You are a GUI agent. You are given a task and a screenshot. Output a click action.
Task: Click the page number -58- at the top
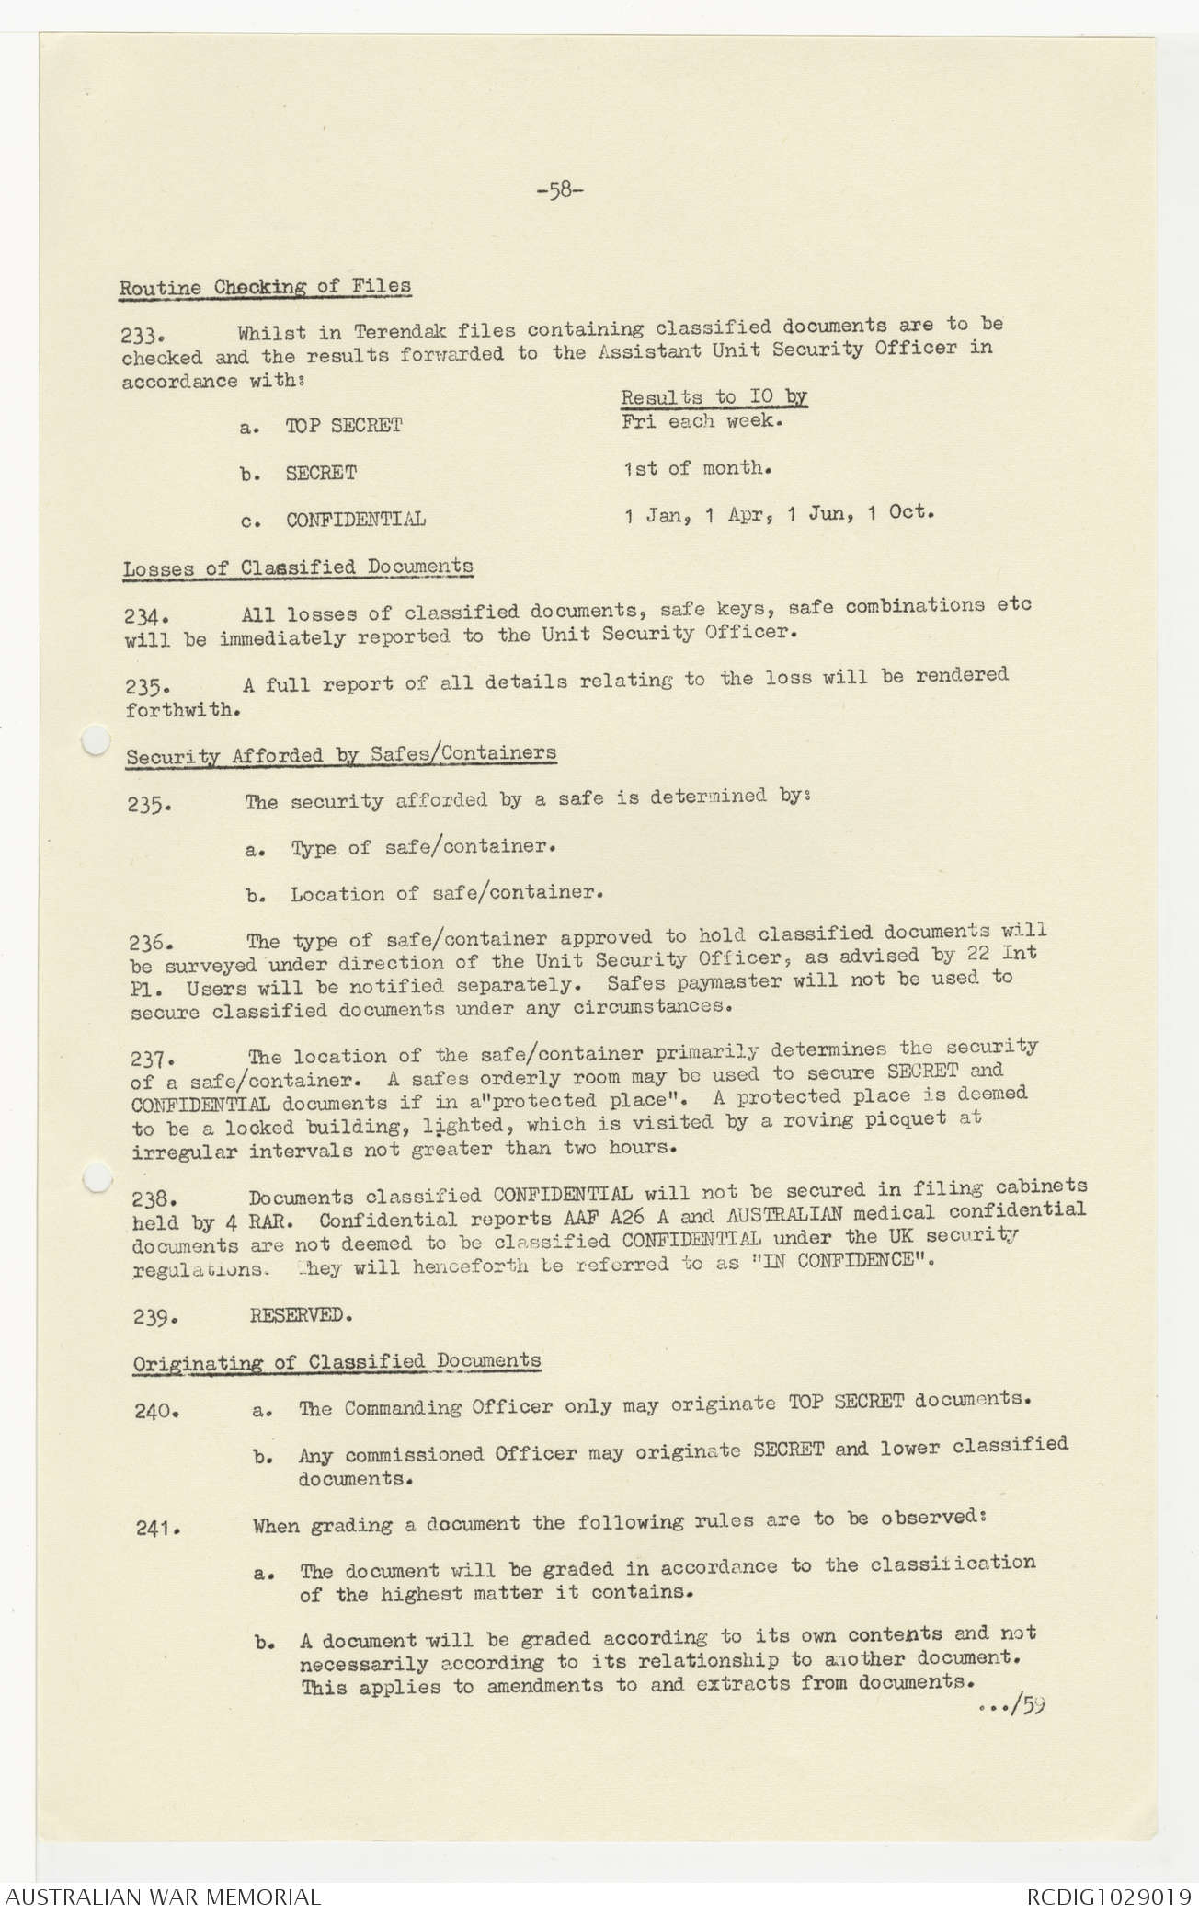pos(559,191)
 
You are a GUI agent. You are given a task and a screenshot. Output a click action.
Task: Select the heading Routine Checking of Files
pos(265,287)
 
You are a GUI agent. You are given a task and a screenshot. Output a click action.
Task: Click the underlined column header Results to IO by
pos(714,397)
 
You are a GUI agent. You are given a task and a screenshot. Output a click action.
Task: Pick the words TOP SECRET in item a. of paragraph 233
pos(344,426)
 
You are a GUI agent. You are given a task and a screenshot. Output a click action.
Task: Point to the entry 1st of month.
pos(697,468)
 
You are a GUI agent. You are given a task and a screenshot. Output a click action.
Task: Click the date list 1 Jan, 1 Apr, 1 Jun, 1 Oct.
pos(779,514)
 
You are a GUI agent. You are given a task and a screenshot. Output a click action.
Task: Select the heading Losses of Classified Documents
pos(298,567)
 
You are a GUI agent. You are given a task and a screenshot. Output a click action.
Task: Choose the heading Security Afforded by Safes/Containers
pos(341,755)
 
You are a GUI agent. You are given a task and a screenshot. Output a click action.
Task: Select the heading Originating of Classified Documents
pos(337,1362)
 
